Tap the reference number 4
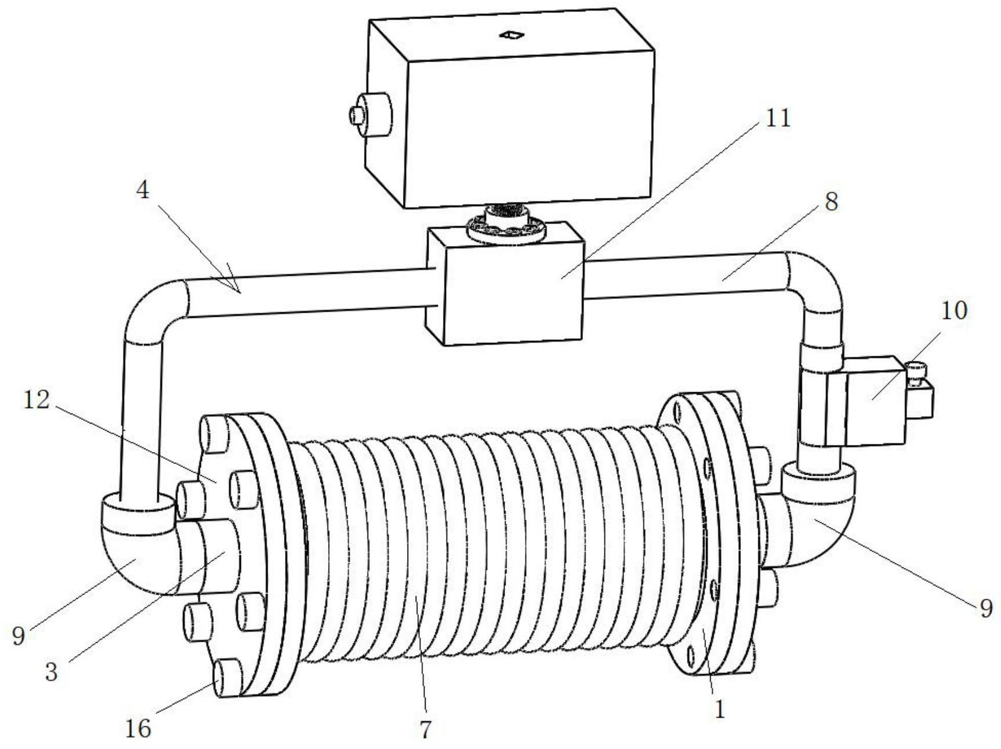[x=142, y=190]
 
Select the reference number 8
[x=831, y=202]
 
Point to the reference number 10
[x=954, y=311]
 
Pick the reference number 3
[x=52, y=671]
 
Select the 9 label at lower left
[x=19, y=636]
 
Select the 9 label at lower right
[x=986, y=607]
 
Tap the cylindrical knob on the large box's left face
[x=369, y=115]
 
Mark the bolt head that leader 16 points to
[x=228, y=679]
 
